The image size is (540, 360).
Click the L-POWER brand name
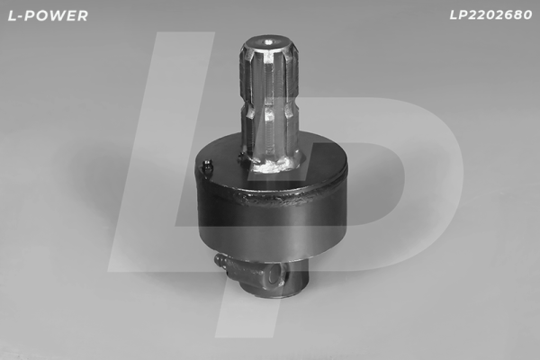(x=46, y=15)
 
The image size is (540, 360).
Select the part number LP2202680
(x=490, y=15)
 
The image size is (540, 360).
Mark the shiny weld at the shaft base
(x=274, y=164)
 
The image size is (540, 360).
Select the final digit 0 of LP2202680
(x=527, y=15)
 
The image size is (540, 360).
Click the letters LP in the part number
(x=457, y=15)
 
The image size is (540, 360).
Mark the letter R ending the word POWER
(x=83, y=15)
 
